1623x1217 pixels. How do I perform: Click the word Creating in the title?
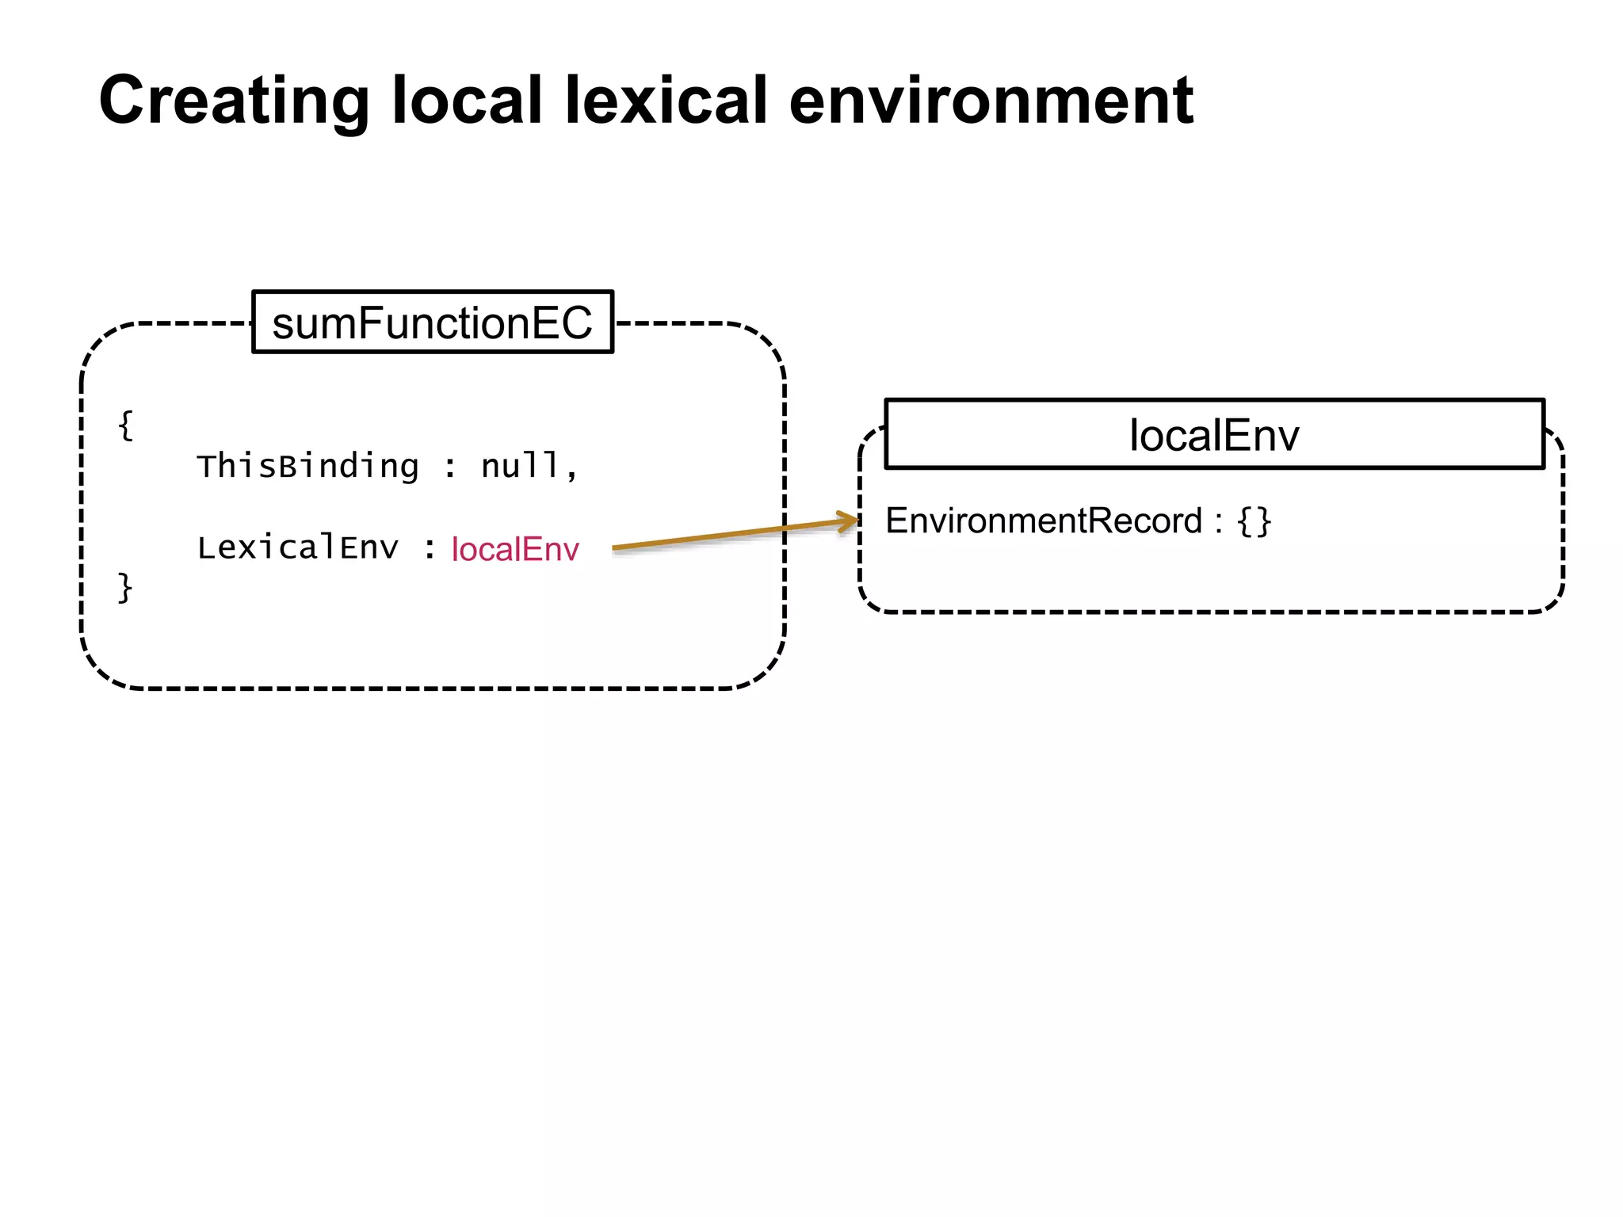234,101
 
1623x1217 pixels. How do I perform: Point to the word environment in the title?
991,100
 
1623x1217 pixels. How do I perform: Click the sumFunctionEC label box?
432,322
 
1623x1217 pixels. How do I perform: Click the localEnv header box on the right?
1214,434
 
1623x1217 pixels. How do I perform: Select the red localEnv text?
515,549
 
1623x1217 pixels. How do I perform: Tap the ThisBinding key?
307,466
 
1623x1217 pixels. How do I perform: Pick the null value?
520,466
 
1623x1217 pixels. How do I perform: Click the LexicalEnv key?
298,547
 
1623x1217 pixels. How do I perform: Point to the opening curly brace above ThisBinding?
125,425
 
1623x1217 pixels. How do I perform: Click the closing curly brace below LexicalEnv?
125,588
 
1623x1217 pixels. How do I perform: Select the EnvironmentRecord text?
1044,521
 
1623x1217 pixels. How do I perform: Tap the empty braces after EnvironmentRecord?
1254,521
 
